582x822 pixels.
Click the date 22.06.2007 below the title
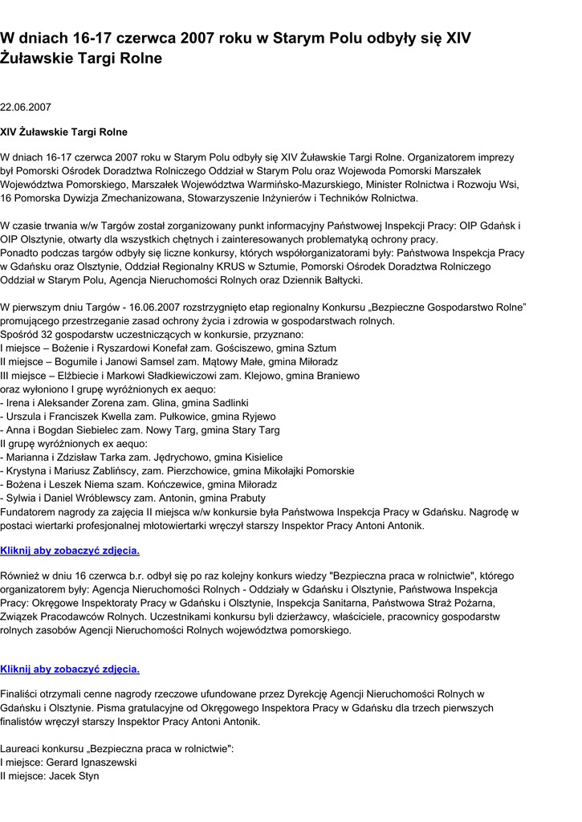click(26, 107)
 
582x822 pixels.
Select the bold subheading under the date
click(63, 132)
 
